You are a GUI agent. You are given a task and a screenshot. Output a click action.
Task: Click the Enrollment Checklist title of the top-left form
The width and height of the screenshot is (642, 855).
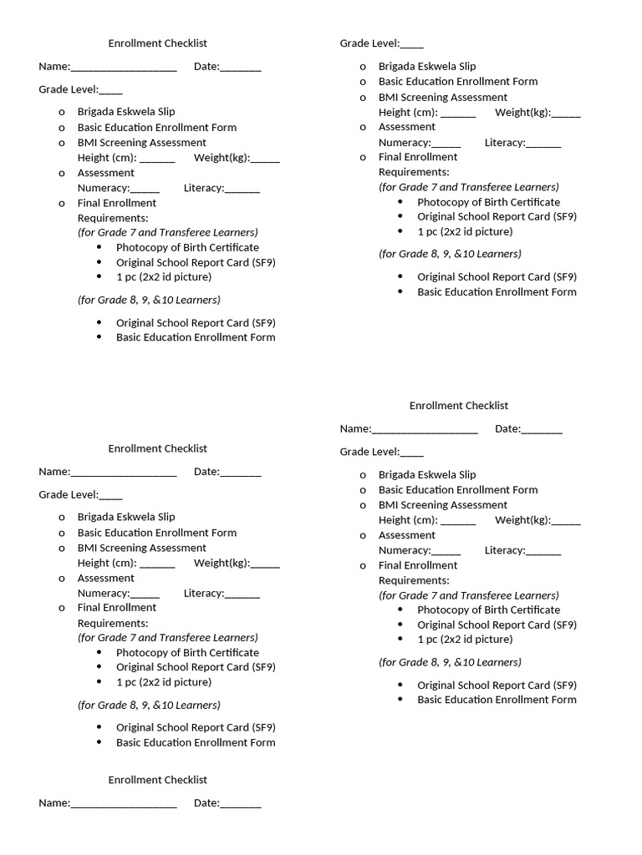point(157,43)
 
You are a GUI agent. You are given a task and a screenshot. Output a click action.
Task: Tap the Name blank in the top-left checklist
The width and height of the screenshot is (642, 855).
point(124,68)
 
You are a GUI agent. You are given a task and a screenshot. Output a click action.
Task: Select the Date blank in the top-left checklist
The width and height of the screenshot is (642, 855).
point(241,68)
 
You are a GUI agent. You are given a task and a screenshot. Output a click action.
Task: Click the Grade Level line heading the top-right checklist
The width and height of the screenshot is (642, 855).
point(381,43)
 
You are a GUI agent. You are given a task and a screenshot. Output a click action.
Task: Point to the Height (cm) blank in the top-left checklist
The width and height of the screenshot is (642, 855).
point(157,159)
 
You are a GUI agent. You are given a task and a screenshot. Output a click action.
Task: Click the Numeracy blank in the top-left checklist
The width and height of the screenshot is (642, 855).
point(145,189)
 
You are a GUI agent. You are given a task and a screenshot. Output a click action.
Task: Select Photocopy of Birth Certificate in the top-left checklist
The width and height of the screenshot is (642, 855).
point(187,247)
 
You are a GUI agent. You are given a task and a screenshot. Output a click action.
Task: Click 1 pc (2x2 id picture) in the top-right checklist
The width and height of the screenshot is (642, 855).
point(465,231)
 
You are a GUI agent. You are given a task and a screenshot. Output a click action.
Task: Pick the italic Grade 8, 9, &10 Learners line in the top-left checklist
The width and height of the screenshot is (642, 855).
point(149,300)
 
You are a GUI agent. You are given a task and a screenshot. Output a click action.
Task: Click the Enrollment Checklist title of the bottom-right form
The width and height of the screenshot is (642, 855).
point(458,406)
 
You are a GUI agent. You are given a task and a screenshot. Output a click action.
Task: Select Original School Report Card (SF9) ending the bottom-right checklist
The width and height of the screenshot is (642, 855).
point(497,685)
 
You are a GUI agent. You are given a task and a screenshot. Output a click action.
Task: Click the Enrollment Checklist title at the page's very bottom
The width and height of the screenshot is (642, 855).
point(157,780)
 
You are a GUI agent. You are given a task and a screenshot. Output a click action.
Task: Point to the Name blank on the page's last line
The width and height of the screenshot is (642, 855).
point(124,804)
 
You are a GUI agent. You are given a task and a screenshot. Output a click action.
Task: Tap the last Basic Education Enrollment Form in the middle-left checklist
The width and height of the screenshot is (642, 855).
point(196,742)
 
